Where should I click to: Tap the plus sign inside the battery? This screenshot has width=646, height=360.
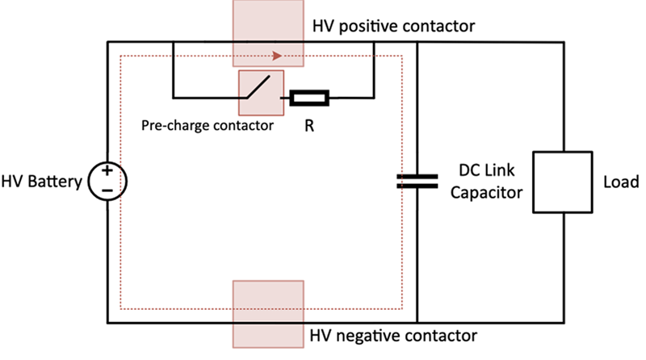(107, 170)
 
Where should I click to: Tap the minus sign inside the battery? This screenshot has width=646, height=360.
(107, 190)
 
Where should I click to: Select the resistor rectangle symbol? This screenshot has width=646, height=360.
(309, 98)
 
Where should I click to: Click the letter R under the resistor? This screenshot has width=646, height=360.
(309, 126)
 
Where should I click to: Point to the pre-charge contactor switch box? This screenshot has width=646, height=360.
(261, 93)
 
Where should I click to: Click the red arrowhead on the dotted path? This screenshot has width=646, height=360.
(277, 56)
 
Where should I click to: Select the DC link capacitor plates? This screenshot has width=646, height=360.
(417, 182)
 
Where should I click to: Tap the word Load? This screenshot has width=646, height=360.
(621, 182)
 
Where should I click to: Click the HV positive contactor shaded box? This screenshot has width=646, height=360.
(268, 33)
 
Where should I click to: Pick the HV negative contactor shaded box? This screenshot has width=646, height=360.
(268, 314)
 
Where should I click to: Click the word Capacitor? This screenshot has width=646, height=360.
(487, 193)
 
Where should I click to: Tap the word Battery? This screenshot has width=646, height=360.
(55, 182)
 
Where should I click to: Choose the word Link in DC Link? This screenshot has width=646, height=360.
(499, 170)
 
